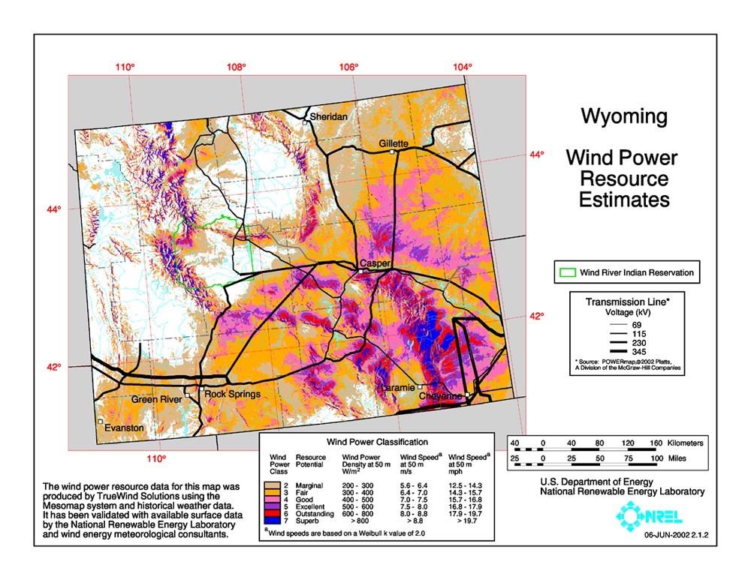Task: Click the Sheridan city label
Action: point(329,117)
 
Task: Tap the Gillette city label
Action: point(394,143)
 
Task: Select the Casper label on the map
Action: point(375,263)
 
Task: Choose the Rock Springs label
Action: point(233,394)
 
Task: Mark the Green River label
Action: point(156,400)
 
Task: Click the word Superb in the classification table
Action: point(308,518)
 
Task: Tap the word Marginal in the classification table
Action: point(309,485)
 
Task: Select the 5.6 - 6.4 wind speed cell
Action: point(415,485)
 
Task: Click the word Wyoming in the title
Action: point(623,116)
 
